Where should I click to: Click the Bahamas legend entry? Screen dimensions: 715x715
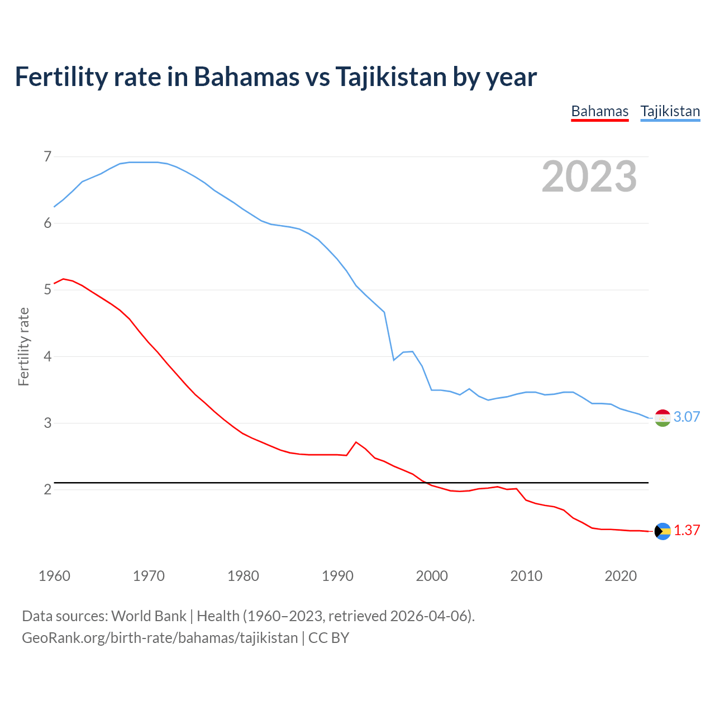point(599,111)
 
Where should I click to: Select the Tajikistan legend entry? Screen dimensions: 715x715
point(670,111)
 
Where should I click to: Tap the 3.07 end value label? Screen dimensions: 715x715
point(687,417)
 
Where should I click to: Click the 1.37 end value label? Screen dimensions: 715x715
point(687,530)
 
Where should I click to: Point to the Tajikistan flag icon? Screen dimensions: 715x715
point(662,418)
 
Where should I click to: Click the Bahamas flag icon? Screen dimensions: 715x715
point(662,531)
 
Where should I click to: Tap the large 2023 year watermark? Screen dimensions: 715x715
point(589,177)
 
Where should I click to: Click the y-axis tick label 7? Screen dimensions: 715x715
point(47,156)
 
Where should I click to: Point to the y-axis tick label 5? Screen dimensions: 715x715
point(47,289)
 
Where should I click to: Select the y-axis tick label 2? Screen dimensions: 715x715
point(47,489)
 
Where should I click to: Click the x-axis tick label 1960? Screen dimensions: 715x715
point(54,576)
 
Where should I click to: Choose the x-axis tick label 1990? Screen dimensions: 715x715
point(337,576)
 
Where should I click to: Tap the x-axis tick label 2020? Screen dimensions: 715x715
point(621,576)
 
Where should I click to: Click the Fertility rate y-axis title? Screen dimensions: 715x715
point(23,346)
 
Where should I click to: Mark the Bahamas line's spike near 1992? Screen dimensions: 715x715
point(356,442)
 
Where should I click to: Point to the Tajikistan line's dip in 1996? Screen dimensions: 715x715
point(394,360)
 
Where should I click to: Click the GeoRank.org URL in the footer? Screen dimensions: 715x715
point(160,638)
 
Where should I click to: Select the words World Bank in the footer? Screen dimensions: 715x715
point(149,616)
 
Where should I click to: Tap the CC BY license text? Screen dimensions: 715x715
point(329,638)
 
